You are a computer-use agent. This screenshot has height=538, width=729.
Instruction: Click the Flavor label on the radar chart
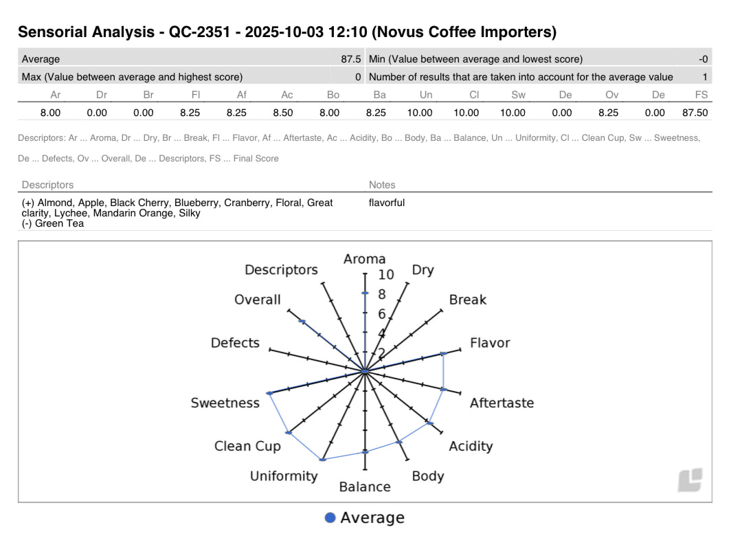click(489, 342)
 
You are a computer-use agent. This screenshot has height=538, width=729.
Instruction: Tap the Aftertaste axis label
click(502, 403)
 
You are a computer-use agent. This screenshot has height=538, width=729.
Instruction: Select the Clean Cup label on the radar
click(247, 446)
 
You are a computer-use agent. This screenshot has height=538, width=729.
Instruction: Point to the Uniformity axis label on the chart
click(284, 476)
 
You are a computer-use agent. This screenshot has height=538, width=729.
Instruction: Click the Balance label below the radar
click(365, 487)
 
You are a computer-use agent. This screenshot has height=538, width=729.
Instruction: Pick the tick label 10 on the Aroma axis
click(386, 275)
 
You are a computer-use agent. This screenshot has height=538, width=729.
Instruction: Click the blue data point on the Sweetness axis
click(269, 393)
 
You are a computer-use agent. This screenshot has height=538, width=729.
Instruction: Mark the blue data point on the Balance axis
click(365, 452)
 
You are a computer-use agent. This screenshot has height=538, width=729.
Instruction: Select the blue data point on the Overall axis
click(302, 322)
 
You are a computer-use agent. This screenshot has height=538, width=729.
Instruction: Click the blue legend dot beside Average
click(330, 518)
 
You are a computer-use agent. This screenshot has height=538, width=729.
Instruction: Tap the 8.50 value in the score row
click(283, 113)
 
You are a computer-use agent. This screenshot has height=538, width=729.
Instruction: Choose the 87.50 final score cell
click(693, 113)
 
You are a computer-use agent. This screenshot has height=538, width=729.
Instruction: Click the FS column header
click(701, 96)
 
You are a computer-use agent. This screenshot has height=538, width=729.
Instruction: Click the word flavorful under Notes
click(387, 203)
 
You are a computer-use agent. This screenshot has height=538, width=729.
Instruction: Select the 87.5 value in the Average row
click(350, 59)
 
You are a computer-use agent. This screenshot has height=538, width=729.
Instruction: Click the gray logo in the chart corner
click(690, 480)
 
